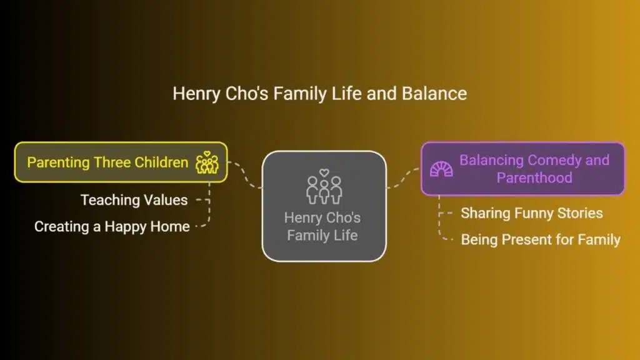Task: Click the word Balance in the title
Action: [x=434, y=94]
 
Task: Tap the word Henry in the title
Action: [x=197, y=94]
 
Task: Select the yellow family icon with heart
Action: [x=207, y=162]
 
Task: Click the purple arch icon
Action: [x=441, y=169]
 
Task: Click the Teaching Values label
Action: [x=134, y=200]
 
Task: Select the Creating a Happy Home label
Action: [x=112, y=226]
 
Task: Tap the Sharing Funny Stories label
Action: [x=532, y=213]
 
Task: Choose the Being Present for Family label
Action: [x=541, y=239]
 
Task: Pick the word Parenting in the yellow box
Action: [x=58, y=163]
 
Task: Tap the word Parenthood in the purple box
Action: [x=534, y=178]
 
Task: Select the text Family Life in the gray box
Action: [x=322, y=236]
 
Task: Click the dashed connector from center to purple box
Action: [x=404, y=178]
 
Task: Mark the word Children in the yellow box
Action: [x=161, y=162]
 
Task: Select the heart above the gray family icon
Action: [x=324, y=172]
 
